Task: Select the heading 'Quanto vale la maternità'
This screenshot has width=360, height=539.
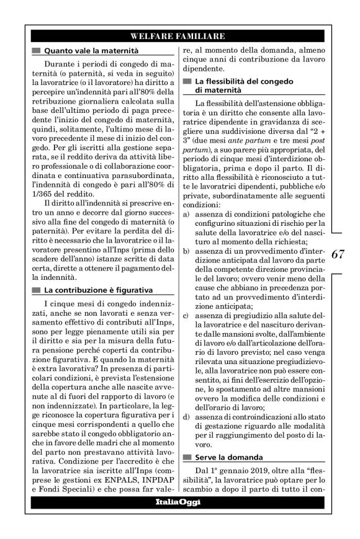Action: (90, 50)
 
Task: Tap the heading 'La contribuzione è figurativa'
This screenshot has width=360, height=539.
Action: (99, 290)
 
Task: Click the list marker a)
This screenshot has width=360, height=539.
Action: (187, 213)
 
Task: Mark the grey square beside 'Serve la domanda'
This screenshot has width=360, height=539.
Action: (186, 457)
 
